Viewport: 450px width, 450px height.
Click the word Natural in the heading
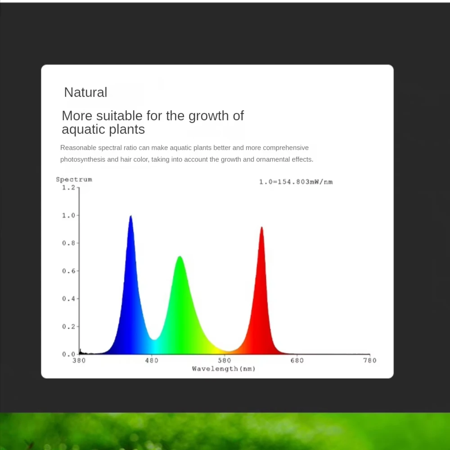[85, 92]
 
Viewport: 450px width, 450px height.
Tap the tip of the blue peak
[130, 216]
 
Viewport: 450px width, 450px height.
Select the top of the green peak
[180, 256]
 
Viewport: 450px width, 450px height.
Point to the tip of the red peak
[262, 227]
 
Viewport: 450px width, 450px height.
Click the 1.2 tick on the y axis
[68, 188]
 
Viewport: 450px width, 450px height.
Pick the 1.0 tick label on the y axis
[68, 216]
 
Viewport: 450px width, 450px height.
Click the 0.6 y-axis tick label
[68, 271]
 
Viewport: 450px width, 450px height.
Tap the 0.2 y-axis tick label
[68, 327]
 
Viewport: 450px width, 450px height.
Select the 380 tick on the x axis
[79, 360]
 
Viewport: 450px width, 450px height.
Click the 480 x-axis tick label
[152, 360]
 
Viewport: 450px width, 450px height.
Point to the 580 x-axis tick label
[224, 360]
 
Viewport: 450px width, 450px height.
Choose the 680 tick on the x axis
[297, 360]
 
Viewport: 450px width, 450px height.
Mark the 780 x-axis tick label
[369, 360]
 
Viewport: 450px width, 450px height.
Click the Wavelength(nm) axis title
[224, 369]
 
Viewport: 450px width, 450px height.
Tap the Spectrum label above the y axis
[74, 180]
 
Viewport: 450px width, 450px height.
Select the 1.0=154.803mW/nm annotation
[296, 182]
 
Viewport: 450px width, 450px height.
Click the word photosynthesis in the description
[83, 160]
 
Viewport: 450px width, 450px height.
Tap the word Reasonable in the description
[78, 148]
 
